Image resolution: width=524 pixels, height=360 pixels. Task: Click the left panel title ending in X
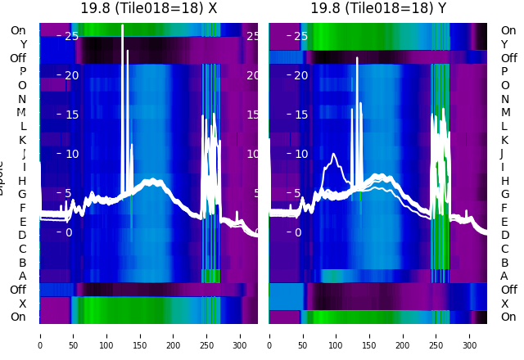pos(148,8)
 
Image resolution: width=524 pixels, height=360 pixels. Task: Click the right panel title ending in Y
pos(377,8)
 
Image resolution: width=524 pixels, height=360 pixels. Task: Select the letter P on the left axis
pos(22,72)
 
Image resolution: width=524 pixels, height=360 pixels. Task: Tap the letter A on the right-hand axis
pos(504,277)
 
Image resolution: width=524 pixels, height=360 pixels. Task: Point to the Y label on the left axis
pos(22,44)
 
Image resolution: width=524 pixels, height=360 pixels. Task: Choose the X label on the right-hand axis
pos(504,304)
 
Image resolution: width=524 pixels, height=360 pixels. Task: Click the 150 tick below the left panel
pos(140,335)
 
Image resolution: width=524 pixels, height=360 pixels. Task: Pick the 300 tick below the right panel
pos(470,335)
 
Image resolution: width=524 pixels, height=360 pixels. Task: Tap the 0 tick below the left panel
pos(40,335)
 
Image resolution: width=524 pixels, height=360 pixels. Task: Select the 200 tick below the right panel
pos(403,335)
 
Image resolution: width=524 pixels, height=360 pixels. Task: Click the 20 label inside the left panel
pos(71,75)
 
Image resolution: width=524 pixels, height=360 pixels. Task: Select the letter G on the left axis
pos(22,195)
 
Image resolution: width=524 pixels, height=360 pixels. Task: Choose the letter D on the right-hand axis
pos(504,236)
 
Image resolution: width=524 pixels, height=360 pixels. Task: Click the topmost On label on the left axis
pos(18,31)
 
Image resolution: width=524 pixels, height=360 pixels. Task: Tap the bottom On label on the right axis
pos(508,317)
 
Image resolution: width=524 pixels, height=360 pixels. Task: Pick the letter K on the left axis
pos(22,140)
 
